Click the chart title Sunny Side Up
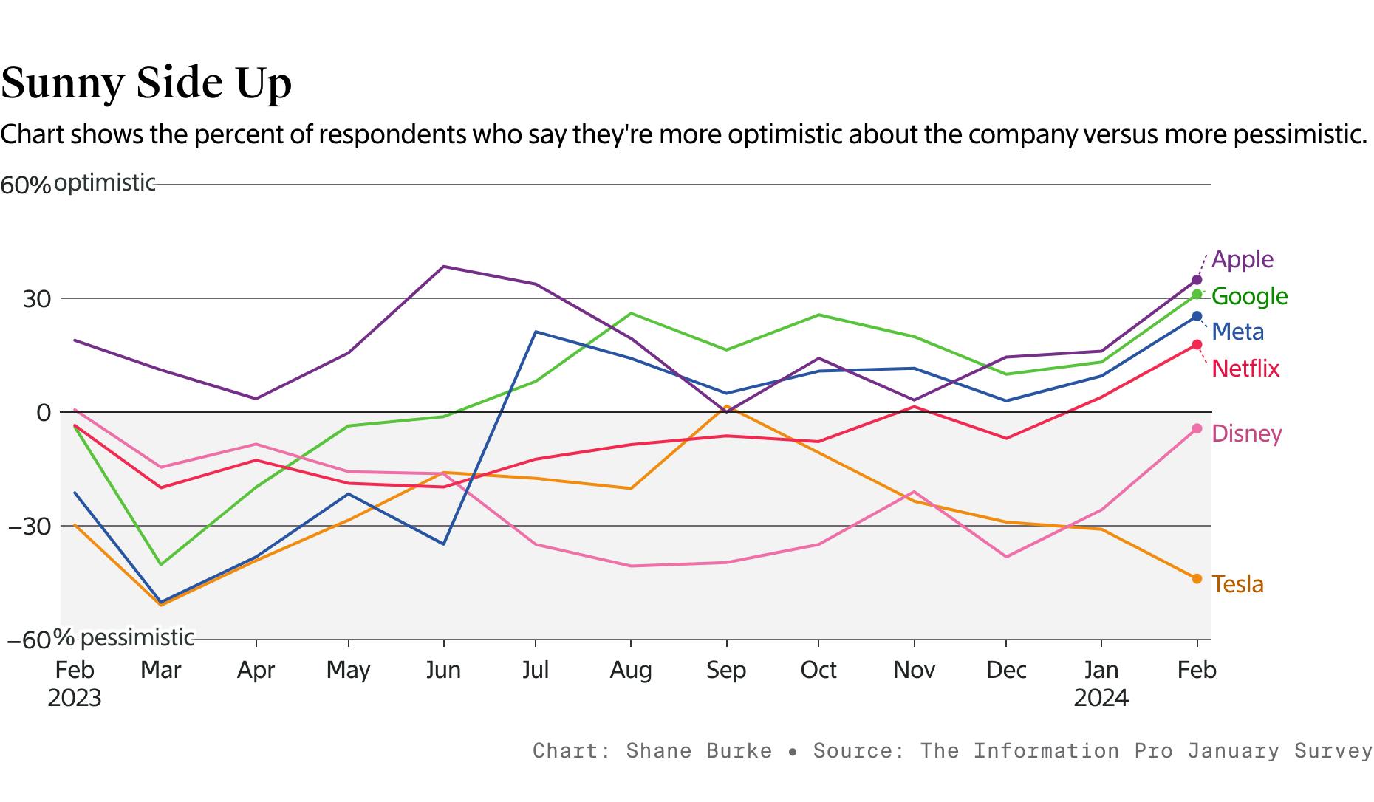pyautogui.click(x=146, y=83)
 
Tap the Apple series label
pyautogui.click(x=1243, y=259)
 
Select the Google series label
pyautogui.click(x=1249, y=296)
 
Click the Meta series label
pyautogui.click(x=1237, y=332)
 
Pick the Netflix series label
pyautogui.click(x=1245, y=368)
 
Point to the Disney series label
pyautogui.click(x=1246, y=433)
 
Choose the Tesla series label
pyautogui.click(x=1237, y=584)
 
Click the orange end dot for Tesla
pyautogui.click(x=1197, y=578)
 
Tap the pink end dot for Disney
pyautogui.click(x=1197, y=429)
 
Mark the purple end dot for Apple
pyautogui.click(x=1197, y=280)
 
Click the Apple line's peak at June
pyautogui.click(x=443, y=267)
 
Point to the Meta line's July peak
pyautogui.click(x=536, y=332)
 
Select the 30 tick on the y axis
pyautogui.click(x=37, y=299)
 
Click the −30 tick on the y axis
pyautogui.click(x=30, y=527)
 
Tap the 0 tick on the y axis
pyautogui.click(x=44, y=413)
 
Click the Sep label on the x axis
pyautogui.click(x=726, y=670)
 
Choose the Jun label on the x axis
pyautogui.click(x=443, y=670)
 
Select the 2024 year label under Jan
pyautogui.click(x=1101, y=698)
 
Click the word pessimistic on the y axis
pyautogui.click(x=137, y=637)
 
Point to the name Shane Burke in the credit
pyautogui.click(x=698, y=751)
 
